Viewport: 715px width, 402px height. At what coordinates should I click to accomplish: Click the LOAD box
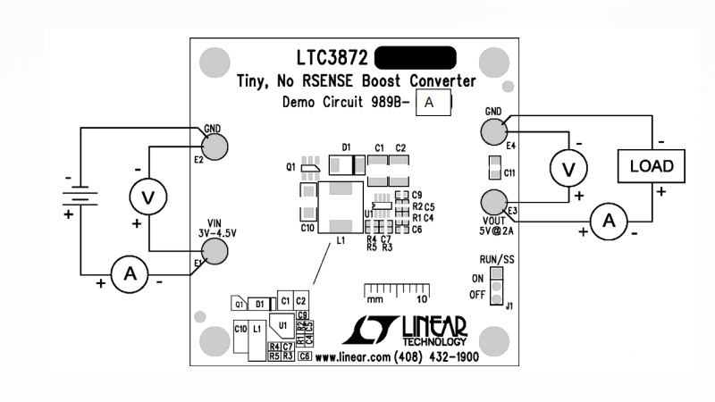click(x=652, y=167)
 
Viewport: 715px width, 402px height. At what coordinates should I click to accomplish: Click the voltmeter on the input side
click(x=148, y=195)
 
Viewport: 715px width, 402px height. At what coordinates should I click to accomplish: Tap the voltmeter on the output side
click(x=566, y=167)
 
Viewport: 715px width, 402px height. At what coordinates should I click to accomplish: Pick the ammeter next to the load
click(x=608, y=221)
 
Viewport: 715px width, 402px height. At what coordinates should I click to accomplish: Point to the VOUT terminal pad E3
click(x=493, y=201)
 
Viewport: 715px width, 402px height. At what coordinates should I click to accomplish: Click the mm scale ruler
click(x=395, y=290)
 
